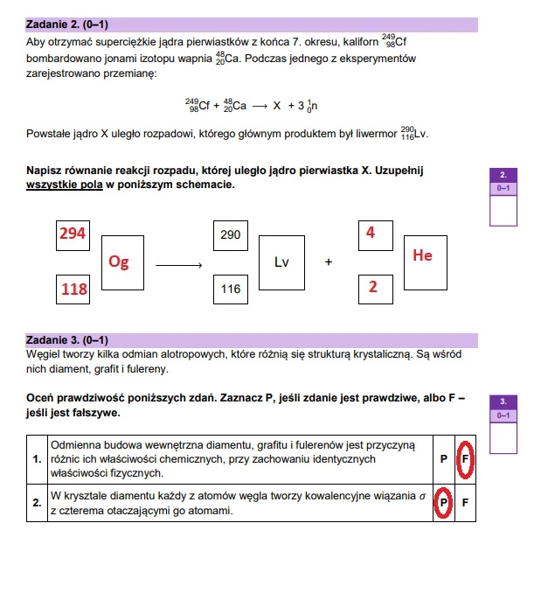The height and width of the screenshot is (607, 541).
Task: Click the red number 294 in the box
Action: point(73,234)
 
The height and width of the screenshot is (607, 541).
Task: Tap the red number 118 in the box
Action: point(74,290)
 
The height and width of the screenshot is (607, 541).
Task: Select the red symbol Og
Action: point(119,262)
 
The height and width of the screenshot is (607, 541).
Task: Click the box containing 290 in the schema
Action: point(231,236)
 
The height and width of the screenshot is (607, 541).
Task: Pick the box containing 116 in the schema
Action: point(231,290)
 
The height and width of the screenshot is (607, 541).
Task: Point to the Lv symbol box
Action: point(281,262)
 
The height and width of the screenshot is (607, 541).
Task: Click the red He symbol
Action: point(422,255)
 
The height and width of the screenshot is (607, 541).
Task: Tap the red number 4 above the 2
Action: point(371,233)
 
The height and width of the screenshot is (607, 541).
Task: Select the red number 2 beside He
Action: point(373,287)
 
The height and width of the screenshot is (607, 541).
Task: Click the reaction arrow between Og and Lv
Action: point(178,265)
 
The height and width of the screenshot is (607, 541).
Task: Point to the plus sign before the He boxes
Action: point(329,262)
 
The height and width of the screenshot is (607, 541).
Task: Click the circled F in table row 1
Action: point(465,459)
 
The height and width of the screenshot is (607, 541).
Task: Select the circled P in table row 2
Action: point(443,502)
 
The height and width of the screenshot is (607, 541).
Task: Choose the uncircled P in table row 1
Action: point(444,459)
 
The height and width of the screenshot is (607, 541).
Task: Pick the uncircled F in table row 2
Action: point(465,502)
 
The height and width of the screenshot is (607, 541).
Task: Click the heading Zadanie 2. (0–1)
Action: point(67,24)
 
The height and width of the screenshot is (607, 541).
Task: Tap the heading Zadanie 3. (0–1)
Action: point(67,340)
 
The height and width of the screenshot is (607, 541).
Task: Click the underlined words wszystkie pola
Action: point(65,185)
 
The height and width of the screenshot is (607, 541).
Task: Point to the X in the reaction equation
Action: point(276,106)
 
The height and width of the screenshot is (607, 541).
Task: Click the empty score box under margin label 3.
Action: point(503,437)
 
